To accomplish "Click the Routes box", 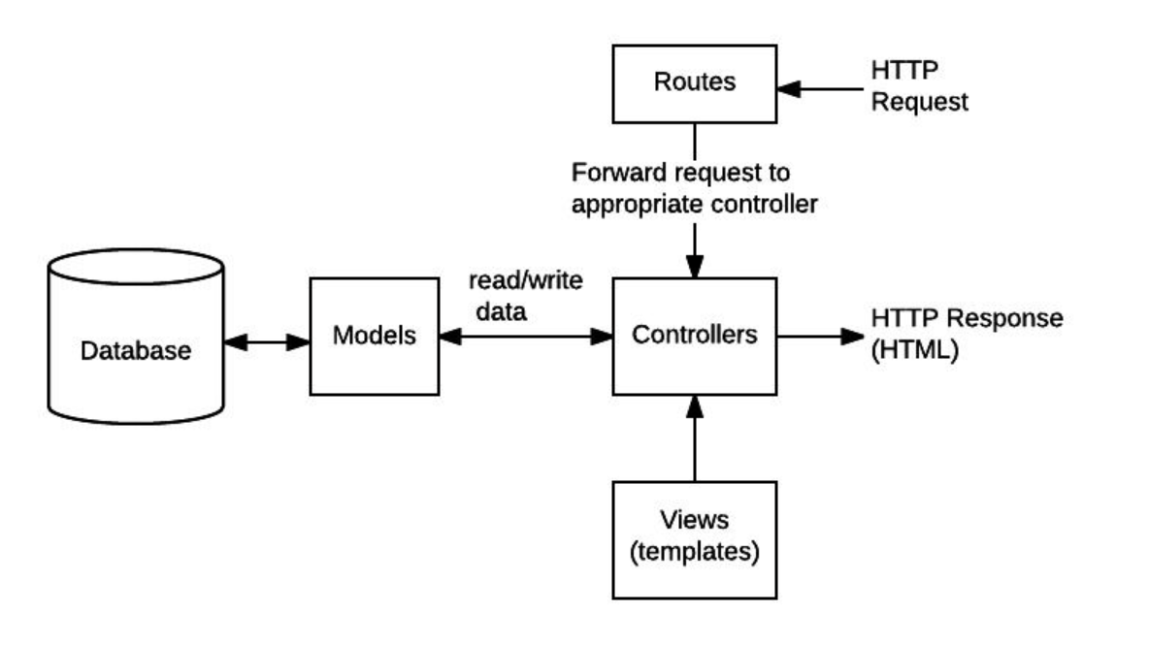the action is click(695, 84).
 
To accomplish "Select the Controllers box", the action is click(695, 337).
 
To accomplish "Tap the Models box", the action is click(375, 337).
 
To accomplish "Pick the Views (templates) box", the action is click(695, 540).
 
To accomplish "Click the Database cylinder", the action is click(136, 337).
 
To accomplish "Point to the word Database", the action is click(136, 350).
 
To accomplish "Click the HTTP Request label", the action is click(919, 85).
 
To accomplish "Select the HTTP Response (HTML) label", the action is click(967, 334).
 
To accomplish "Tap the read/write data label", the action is click(525, 296).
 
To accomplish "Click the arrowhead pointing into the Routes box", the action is click(789, 89).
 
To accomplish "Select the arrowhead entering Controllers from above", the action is click(695, 266).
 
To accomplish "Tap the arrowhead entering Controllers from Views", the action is click(695, 407).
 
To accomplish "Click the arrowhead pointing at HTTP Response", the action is click(853, 337).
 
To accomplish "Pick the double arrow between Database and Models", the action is click(267, 342).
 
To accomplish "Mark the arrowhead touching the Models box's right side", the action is click(451, 337).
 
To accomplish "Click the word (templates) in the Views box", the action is click(695, 552).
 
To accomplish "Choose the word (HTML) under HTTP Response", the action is click(914, 349).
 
